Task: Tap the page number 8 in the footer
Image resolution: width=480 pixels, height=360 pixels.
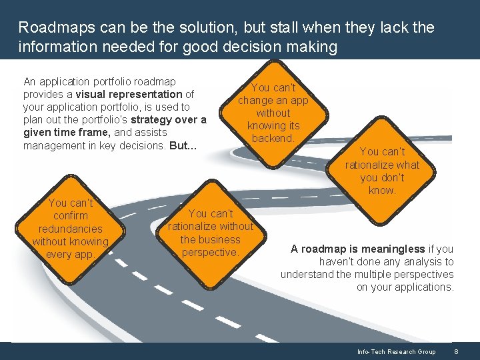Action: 456,351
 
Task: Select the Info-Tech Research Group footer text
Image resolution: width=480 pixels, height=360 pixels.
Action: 396,351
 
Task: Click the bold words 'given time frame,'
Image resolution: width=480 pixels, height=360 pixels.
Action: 63,132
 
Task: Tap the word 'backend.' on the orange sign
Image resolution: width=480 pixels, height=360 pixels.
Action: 273,138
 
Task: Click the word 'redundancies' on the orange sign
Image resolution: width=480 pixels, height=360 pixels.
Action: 71,229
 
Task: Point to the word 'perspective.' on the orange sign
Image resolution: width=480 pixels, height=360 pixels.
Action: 211,252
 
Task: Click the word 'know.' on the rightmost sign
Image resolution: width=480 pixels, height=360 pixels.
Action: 382,190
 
